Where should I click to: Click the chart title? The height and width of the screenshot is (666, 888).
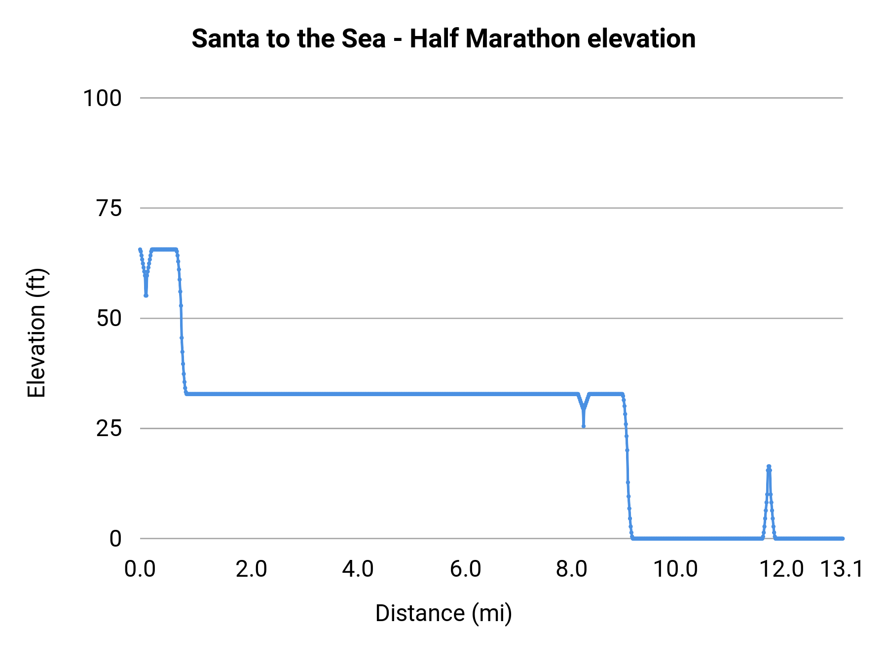(444, 38)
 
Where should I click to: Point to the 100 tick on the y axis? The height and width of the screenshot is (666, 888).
(102, 98)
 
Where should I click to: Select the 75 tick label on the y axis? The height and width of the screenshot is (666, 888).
(109, 208)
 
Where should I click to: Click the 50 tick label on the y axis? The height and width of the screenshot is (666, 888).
(109, 318)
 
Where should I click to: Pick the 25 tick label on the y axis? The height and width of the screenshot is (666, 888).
(109, 428)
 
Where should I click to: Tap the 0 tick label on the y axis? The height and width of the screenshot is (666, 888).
(115, 539)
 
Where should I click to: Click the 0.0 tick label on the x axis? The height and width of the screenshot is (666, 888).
(140, 569)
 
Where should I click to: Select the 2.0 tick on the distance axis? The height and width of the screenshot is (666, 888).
(251, 569)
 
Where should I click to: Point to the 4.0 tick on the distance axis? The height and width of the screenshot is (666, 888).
(358, 569)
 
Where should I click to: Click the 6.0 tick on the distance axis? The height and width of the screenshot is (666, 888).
(465, 569)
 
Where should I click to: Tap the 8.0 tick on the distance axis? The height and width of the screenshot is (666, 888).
(572, 569)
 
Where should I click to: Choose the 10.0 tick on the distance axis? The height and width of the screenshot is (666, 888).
(675, 569)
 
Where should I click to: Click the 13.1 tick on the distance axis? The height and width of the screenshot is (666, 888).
(842, 569)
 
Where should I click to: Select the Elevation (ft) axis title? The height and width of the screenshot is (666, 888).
(37, 333)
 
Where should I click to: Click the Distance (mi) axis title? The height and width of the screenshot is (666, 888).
(444, 613)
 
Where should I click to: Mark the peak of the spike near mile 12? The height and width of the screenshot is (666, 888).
(769, 467)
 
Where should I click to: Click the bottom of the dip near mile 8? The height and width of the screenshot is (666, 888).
(584, 426)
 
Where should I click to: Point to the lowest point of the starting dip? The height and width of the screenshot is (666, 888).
(146, 296)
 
